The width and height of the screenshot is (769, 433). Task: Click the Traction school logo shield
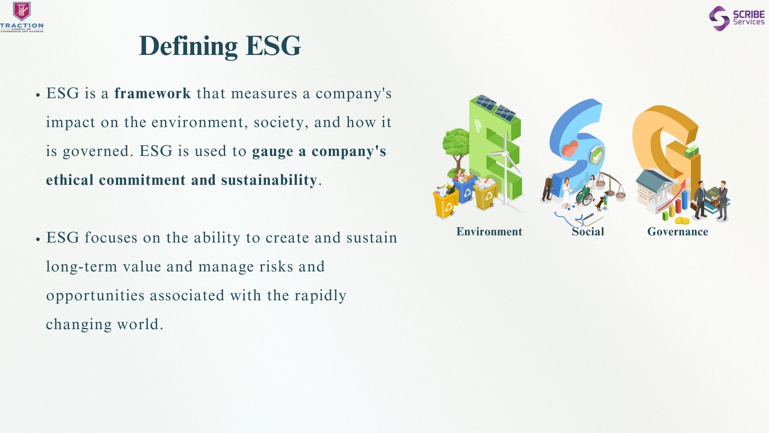(22, 11)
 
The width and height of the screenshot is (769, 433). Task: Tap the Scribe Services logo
(737, 18)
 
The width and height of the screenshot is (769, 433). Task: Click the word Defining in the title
(188, 46)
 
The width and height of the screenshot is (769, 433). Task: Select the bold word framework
(153, 93)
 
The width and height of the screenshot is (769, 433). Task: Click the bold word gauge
(272, 152)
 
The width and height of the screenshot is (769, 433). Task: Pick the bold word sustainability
(269, 180)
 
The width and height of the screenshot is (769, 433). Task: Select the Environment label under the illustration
(489, 232)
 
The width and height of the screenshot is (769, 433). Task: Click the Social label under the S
(588, 232)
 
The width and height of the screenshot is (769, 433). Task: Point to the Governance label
(678, 232)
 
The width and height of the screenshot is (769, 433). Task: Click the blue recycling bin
(465, 189)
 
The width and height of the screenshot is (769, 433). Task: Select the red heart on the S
(570, 149)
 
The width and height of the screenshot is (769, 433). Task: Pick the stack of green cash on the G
(691, 152)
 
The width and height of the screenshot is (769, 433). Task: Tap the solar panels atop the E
(495, 108)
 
